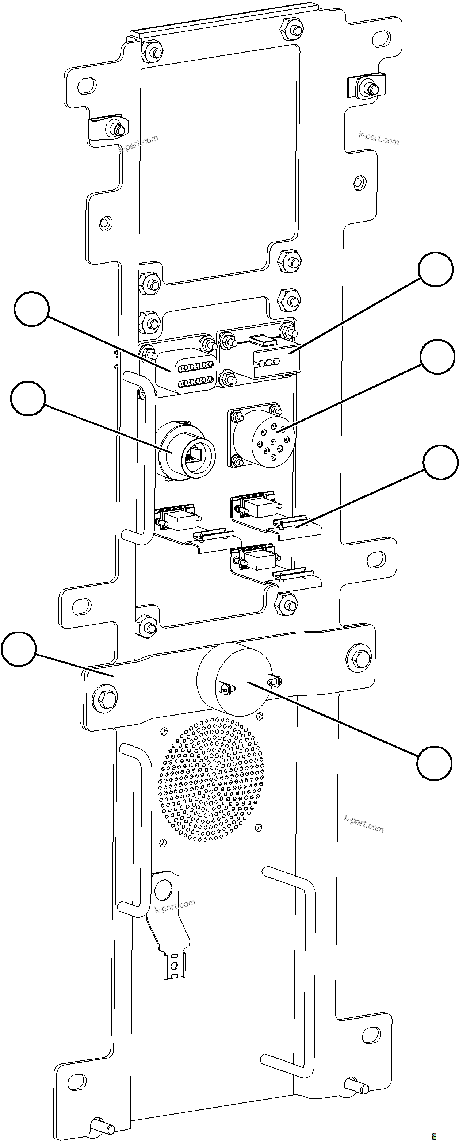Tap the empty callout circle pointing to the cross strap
18,649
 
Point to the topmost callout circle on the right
437,269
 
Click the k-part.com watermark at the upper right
378,139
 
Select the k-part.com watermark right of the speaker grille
364,824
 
